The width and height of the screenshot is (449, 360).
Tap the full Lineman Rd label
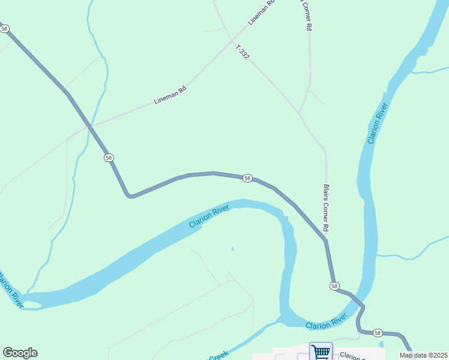pyautogui.click(x=170, y=95)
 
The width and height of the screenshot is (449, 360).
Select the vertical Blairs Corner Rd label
pyautogui.click(x=327, y=208)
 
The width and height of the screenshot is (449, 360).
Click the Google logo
pyautogui.click(x=20, y=353)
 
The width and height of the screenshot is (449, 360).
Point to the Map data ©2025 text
pyautogui.click(x=423, y=355)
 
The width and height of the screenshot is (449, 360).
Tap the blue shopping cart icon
pyautogui.click(x=321, y=352)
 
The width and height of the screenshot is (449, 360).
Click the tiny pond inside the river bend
pyautogui.click(x=232, y=249)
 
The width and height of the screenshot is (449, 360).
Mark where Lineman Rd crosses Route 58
pyautogui.click(x=91, y=126)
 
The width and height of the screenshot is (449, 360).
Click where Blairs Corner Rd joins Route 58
pyautogui.click(x=325, y=239)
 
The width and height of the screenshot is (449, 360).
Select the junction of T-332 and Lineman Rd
pyautogui.click(x=232, y=40)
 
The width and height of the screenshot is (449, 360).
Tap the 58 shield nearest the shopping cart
pyautogui.click(x=378, y=332)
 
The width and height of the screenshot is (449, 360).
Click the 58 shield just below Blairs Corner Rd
pyautogui.click(x=334, y=286)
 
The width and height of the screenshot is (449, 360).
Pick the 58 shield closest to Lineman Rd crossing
pyautogui.click(x=108, y=157)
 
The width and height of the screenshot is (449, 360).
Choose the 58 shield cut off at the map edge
pyautogui.click(x=4, y=28)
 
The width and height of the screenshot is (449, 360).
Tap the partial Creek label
pyautogui.click(x=218, y=356)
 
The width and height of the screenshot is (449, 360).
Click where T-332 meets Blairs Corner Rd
pyautogui.click(x=299, y=112)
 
